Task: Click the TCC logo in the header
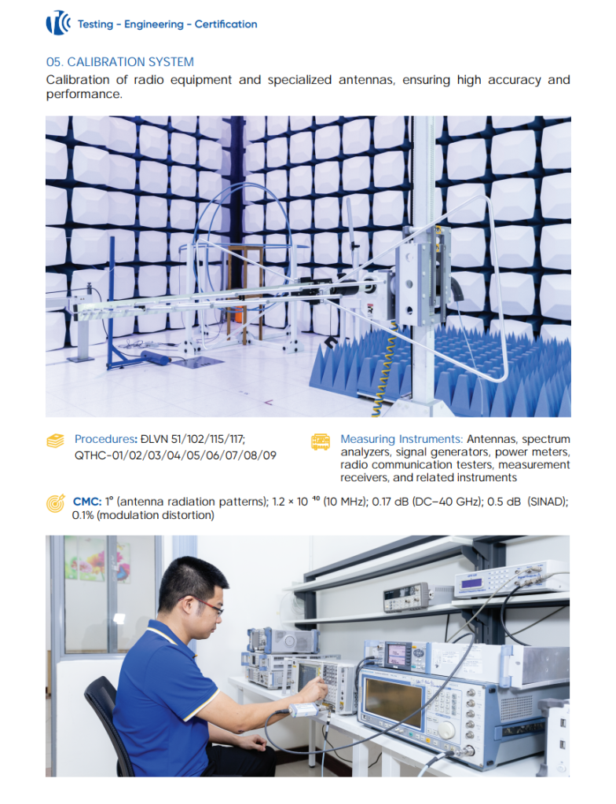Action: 58,23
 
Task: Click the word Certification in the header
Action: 225,24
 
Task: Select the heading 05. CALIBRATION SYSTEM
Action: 120,62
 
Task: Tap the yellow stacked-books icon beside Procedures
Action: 56,440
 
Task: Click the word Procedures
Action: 104,439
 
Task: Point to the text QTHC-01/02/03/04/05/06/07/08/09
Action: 175,455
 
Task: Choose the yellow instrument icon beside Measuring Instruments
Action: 321,441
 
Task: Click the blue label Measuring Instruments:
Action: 401,439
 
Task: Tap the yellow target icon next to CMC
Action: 56,503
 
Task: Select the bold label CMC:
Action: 87,502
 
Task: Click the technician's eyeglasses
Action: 208,607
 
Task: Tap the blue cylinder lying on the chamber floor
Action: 155,357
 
